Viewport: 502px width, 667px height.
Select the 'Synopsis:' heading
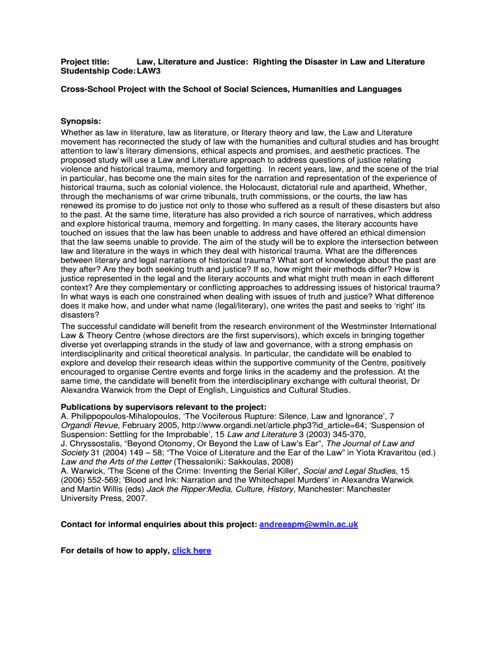click(x=81, y=122)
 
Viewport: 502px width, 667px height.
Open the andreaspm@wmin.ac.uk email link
click(x=308, y=524)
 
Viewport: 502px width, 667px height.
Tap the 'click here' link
click(x=192, y=550)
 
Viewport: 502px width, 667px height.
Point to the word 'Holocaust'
click(x=250, y=187)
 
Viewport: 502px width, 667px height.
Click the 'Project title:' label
click(x=85, y=62)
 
